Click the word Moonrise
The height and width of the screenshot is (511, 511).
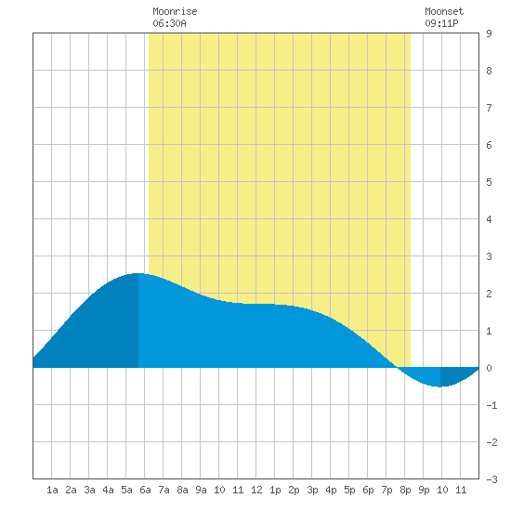click(175, 11)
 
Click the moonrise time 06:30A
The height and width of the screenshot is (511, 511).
click(169, 23)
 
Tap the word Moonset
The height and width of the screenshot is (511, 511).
click(444, 11)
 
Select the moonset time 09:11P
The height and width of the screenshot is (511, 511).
click(441, 23)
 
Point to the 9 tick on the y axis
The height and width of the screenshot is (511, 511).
click(489, 33)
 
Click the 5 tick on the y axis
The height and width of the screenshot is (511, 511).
click(489, 182)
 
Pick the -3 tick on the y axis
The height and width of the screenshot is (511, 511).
click(491, 479)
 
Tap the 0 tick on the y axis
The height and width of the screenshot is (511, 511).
click(489, 368)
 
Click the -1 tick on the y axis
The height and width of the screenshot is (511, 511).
click(491, 405)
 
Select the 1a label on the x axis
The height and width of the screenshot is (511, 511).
click(52, 490)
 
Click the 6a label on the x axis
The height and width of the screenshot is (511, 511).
click(145, 490)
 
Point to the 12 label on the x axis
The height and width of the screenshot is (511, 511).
click(256, 490)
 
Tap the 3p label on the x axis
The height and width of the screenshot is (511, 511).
click(312, 490)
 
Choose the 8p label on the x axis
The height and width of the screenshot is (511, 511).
click(405, 490)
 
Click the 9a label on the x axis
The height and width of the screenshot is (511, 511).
click(201, 490)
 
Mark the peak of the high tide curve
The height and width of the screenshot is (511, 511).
click(138, 273)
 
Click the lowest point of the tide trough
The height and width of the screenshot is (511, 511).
click(440, 387)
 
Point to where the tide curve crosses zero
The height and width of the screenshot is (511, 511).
click(398, 368)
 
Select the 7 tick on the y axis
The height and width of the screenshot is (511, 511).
click(489, 108)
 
